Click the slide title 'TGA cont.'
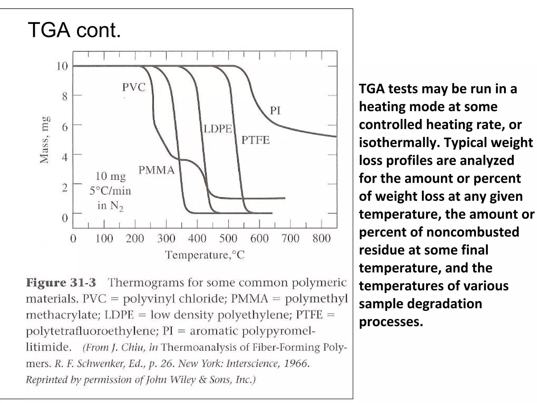74,30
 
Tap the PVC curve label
134,87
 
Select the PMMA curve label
156,170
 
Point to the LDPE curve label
218,129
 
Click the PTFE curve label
255,140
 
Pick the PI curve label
275,110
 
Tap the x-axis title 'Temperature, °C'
205,255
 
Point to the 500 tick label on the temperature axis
228,238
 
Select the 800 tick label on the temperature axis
321,238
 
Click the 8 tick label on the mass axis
65,96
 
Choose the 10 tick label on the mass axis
62,66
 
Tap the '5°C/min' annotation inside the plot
110,191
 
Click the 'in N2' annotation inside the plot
110,206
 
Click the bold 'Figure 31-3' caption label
61,283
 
